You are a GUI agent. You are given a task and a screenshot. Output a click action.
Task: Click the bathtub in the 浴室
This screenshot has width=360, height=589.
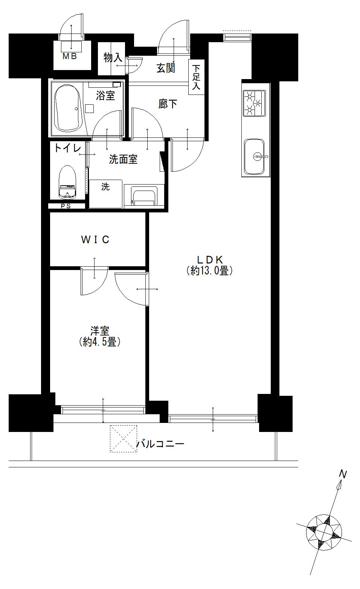pyautogui.click(x=67, y=108)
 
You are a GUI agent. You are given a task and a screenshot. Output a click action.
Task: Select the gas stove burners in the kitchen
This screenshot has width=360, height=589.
pyautogui.click(x=254, y=103)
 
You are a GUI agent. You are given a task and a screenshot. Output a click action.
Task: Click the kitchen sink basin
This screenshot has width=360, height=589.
pyautogui.click(x=254, y=157)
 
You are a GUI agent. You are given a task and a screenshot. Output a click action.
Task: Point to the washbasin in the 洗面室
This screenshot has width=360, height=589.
pyautogui.click(x=144, y=195)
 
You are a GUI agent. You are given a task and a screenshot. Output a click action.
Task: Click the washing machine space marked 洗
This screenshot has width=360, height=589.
pyautogui.click(x=105, y=194)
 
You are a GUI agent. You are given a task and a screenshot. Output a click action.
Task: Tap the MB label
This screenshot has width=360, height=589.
pyautogui.click(x=69, y=56)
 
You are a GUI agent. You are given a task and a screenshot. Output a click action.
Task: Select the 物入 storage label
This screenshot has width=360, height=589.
pyautogui.click(x=113, y=58)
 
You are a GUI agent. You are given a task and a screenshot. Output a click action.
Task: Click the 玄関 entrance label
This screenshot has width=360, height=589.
pyautogui.click(x=166, y=69)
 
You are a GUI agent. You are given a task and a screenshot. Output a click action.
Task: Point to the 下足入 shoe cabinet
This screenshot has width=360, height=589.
pyautogui.click(x=196, y=77)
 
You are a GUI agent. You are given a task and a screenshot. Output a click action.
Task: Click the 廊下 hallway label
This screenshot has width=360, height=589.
pyautogui.click(x=168, y=104)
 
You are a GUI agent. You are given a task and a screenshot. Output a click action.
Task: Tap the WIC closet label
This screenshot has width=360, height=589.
pyautogui.click(x=95, y=240)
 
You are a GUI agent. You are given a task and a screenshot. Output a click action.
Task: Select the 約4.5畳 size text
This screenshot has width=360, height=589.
pyautogui.click(x=100, y=342)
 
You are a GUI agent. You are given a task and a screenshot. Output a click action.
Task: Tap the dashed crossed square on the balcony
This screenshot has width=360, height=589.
pyautogui.click(x=124, y=439)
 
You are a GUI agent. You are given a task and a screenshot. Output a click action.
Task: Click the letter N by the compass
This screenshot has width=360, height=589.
pyautogui.click(x=343, y=474)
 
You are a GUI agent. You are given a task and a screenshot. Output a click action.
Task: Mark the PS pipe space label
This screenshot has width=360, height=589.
pyautogui.click(x=66, y=206)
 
